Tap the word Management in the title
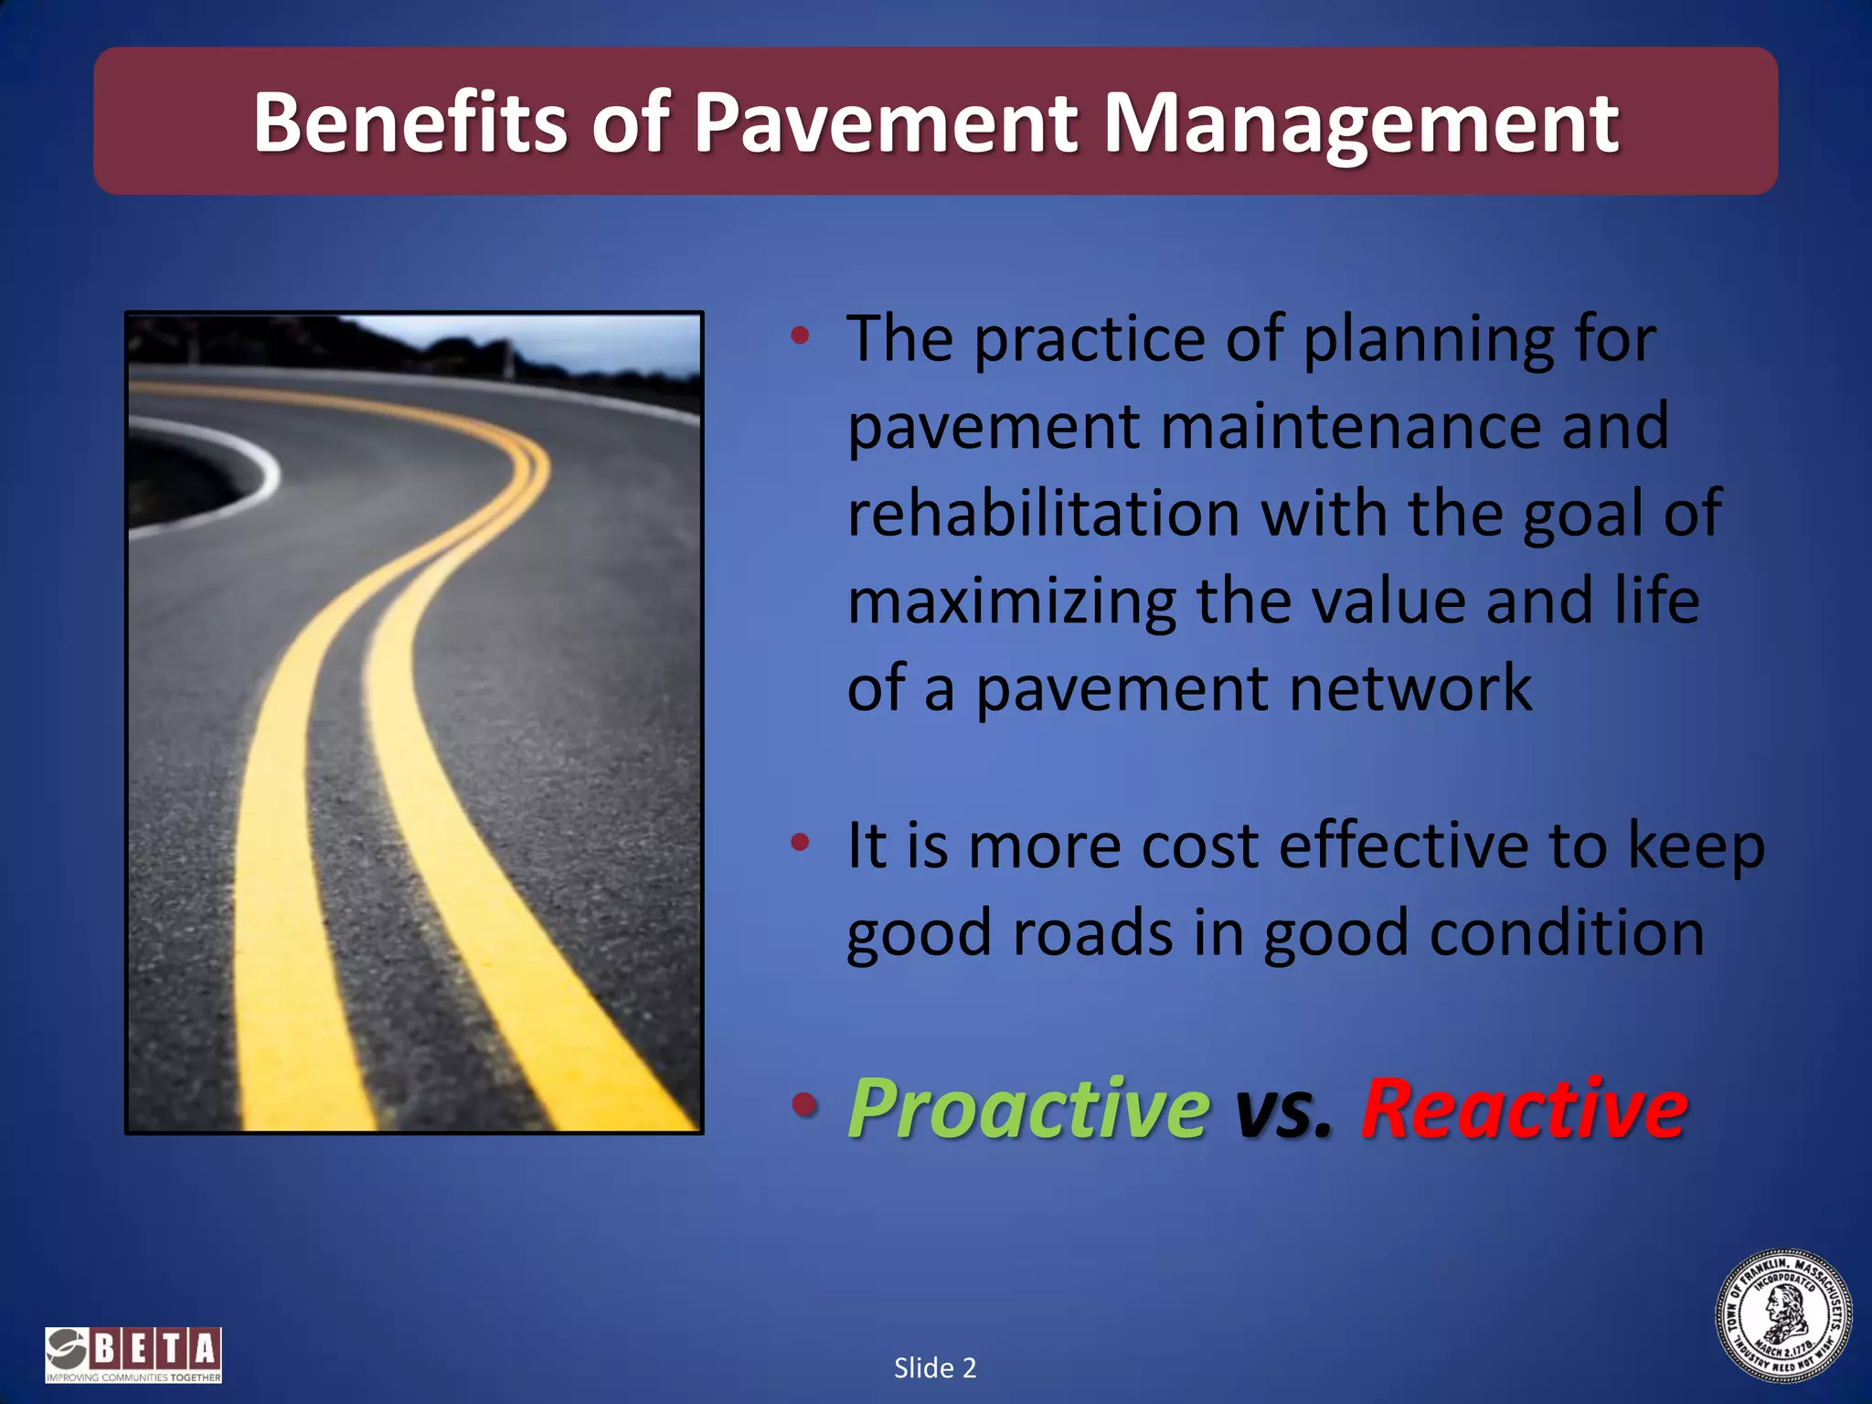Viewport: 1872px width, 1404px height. point(1361,123)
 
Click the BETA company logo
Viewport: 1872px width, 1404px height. point(133,1355)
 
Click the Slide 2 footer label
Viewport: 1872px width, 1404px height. point(935,1368)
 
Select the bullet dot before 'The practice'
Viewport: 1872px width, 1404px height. point(801,335)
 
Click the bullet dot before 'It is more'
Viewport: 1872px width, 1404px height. point(801,842)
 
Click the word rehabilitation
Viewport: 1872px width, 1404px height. point(1043,514)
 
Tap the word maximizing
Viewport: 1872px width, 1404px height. point(1012,602)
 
